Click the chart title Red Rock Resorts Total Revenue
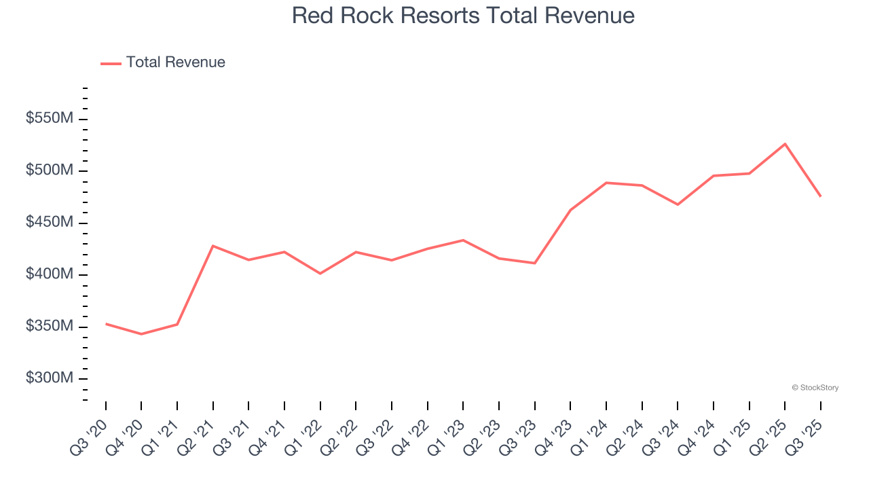(x=463, y=16)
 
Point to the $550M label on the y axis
(x=50, y=118)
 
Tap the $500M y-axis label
(x=50, y=170)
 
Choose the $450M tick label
(x=50, y=223)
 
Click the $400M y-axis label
(x=50, y=274)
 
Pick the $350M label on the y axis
(x=50, y=327)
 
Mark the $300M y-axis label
(x=50, y=378)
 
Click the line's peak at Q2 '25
(x=785, y=144)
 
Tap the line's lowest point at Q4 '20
(x=141, y=334)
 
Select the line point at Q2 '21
(x=213, y=246)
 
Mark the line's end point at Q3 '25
(x=821, y=196)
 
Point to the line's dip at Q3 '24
(x=678, y=204)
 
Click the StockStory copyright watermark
(x=815, y=388)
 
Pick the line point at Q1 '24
(x=606, y=183)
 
